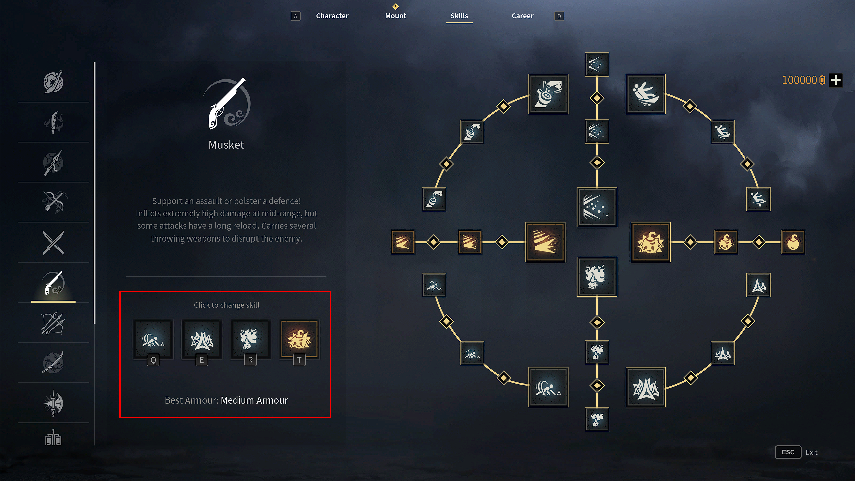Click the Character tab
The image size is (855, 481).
tap(332, 16)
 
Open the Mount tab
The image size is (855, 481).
tap(395, 16)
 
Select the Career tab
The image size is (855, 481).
tap(522, 16)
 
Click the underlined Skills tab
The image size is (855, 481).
tap(459, 16)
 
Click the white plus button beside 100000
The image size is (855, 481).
tap(836, 80)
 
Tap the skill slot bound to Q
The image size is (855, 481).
tap(153, 339)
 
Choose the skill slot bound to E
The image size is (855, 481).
tap(202, 339)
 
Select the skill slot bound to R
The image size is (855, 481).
tap(250, 339)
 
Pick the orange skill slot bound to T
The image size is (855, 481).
tap(299, 339)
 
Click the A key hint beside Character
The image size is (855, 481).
tap(295, 16)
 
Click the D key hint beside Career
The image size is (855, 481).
tap(559, 16)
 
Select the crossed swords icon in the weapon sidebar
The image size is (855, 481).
tap(53, 243)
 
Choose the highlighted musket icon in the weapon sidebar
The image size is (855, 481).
tap(53, 283)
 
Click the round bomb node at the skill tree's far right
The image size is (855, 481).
tap(793, 242)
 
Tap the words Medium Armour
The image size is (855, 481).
tap(254, 400)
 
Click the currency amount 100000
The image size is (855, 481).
tap(799, 80)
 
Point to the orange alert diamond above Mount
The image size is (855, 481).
tap(396, 6)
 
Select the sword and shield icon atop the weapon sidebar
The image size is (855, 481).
tap(53, 82)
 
